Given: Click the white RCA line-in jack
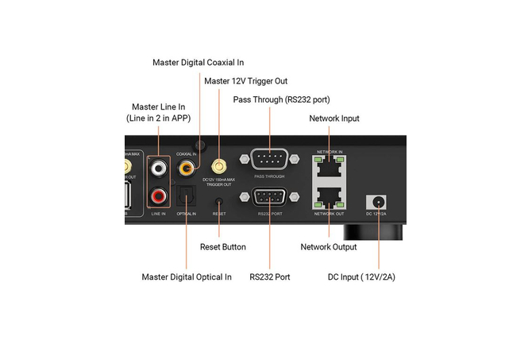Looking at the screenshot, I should [159, 168].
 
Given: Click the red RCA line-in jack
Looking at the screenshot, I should [159, 194].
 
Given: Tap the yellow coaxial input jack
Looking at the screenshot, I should [187, 168].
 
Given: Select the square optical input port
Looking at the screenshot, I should [187, 195].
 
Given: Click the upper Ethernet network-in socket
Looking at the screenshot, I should [328, 167].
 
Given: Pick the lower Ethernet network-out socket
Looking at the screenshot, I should [328, 197].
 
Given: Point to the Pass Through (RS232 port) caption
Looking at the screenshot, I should [281, 99].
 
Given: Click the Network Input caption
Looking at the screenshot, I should [333, 118].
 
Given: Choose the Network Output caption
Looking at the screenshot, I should [329, 247].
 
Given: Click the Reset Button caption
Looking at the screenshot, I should [222, 247].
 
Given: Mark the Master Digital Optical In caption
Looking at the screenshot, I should [187, 277].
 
